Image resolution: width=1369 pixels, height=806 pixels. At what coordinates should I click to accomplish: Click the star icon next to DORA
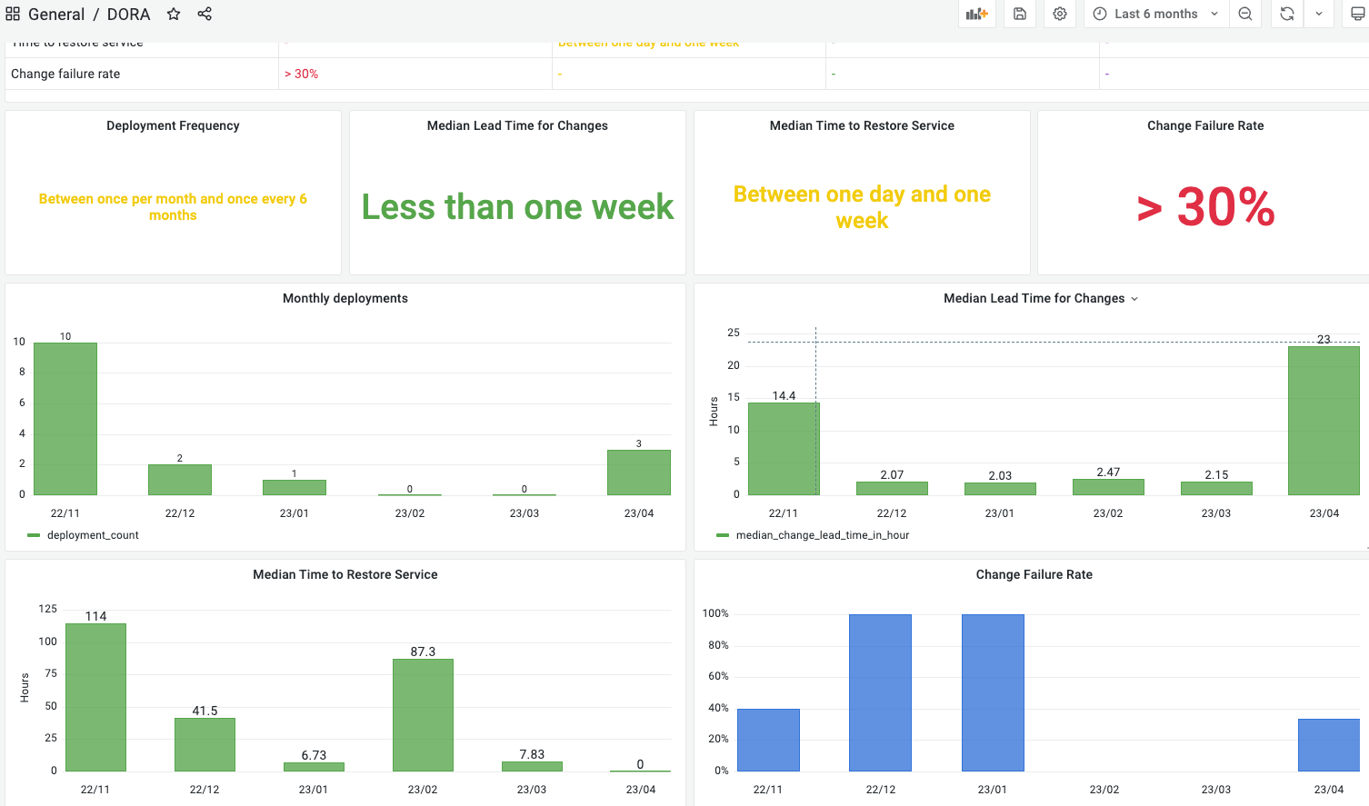(174, 14)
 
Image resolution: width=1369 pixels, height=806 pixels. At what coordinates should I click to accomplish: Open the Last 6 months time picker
(1155, 14)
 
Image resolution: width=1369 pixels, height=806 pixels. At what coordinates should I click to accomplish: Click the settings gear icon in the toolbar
(1060, 14)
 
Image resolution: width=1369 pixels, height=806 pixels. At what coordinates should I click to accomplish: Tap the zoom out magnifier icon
(1245, 14)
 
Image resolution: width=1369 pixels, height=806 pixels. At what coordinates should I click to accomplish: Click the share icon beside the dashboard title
(205, 14)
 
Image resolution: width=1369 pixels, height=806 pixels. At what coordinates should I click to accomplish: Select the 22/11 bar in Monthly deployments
(65, 418)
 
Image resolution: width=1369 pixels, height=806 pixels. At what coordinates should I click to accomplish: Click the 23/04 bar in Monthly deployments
(639, 473)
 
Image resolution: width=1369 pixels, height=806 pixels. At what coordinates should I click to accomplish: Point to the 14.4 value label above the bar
(784, 395)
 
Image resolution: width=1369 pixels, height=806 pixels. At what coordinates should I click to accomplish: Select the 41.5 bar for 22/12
(205, 744)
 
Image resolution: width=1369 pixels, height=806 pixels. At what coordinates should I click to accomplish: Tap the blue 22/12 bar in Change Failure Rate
(880, 692)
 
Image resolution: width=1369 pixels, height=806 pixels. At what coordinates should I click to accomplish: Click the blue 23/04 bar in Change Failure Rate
(1328, 745)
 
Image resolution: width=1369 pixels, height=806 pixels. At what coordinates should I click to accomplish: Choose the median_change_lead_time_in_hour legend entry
(822, 535)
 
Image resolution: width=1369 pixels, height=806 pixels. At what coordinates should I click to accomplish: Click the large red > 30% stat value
(1205, 207)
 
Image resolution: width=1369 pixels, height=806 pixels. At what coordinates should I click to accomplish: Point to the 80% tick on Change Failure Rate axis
(718, 645)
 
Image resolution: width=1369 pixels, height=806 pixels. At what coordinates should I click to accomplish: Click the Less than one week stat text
(517, 207)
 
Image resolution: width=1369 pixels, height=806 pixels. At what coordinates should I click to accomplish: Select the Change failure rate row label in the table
(65, 74)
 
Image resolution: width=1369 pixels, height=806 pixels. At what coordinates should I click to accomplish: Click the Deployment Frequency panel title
(173, 125)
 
